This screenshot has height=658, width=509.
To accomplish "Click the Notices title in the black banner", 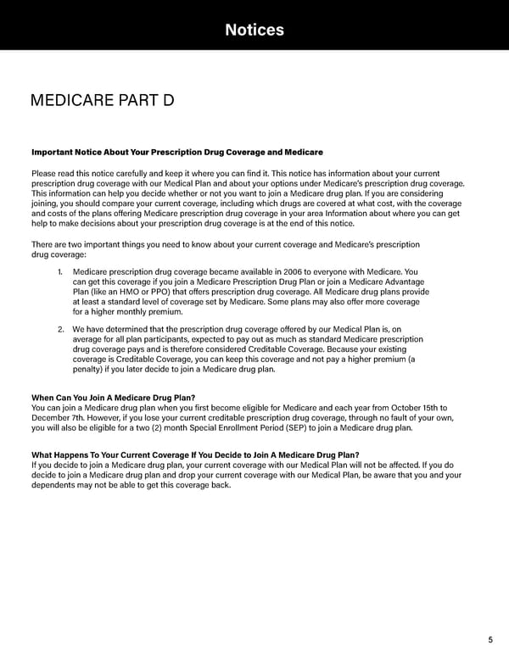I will click(x=255, y=31).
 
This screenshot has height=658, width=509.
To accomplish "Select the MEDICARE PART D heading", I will click(x=102, y=101).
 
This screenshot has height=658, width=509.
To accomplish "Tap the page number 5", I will click(x=490, y=639).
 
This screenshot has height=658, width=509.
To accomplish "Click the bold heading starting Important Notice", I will click(x=176, y=152).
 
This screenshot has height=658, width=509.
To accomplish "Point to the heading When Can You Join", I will click(x=113, y=398).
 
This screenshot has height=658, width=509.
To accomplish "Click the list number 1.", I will click(x=60, y=271).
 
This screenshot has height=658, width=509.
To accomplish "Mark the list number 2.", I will click(x=61, y=329).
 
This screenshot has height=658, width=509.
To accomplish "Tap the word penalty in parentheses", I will click(x=91, y=369).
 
